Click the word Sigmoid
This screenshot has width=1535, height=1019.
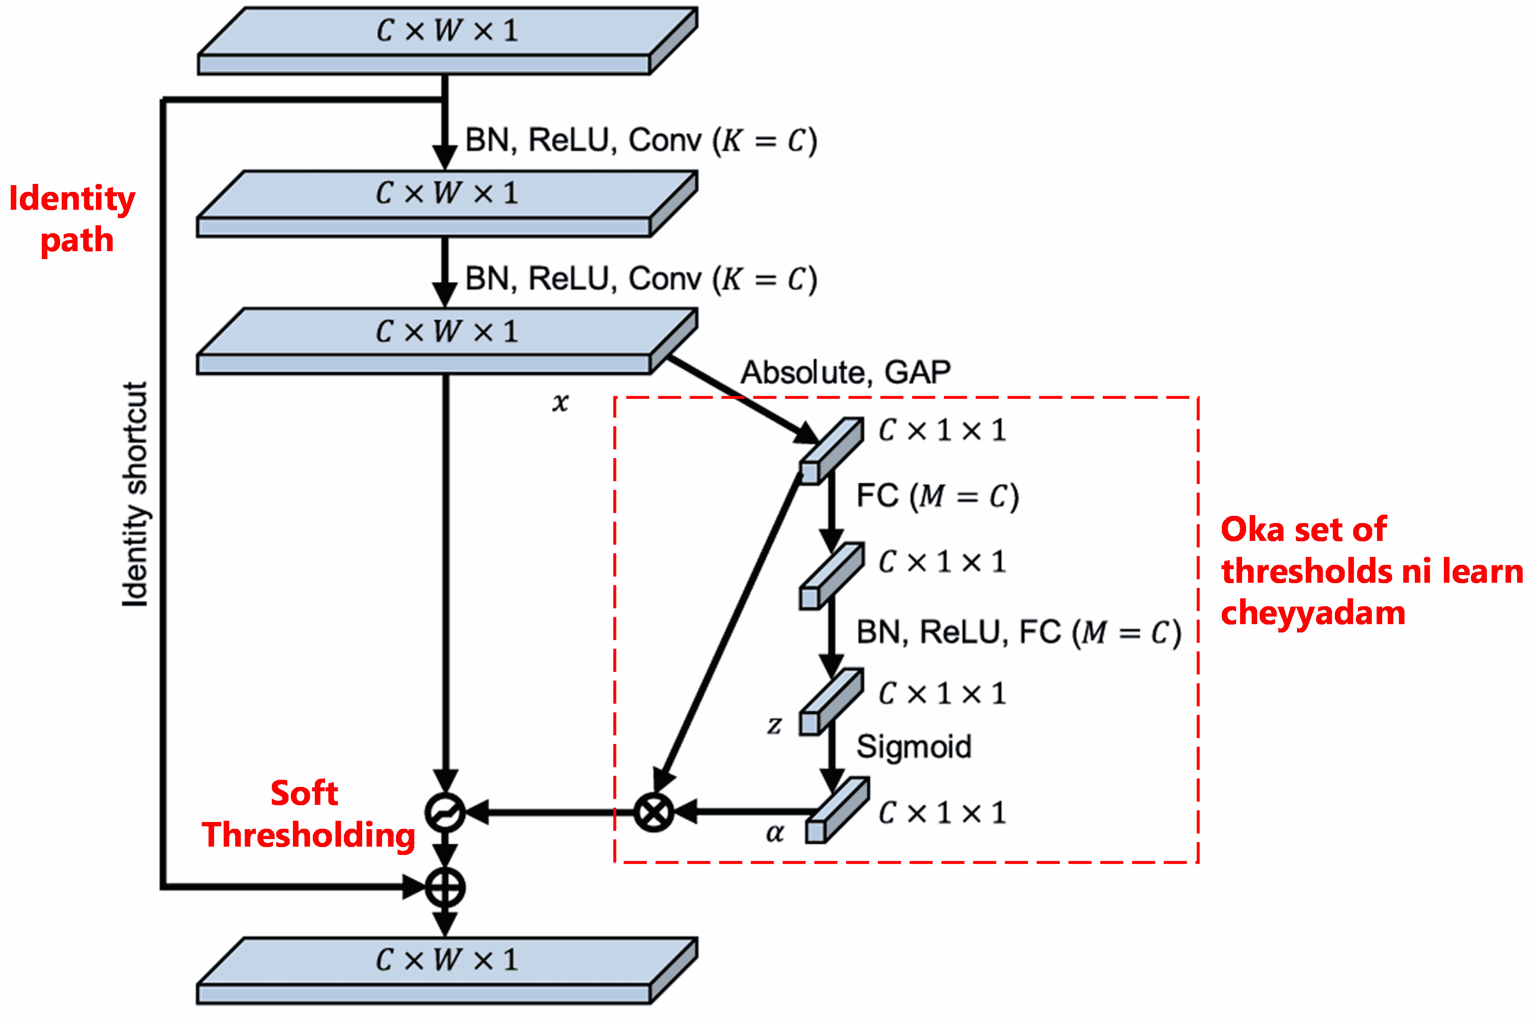pyautogui.click(x=913, y=746)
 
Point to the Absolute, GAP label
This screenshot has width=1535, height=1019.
pyautogui.click(x=846, y=373)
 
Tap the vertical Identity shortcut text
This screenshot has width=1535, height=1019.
pyautogui.click(x=135, y=494)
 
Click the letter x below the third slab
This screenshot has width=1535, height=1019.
pyautogui.click(x=560, y=402)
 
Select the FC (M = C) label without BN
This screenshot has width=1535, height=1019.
pyautogui.click(x=937, y=496)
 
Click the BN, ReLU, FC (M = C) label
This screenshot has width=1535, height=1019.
pyautogui.click(x=1018, y=632)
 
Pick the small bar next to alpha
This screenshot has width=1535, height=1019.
pyautogui.click(x=837, y=811)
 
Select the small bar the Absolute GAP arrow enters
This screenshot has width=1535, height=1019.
pyautogui.click(x=831, y=450)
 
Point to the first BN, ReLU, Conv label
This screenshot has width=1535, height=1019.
pyautogui.click(x=640, y=141)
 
